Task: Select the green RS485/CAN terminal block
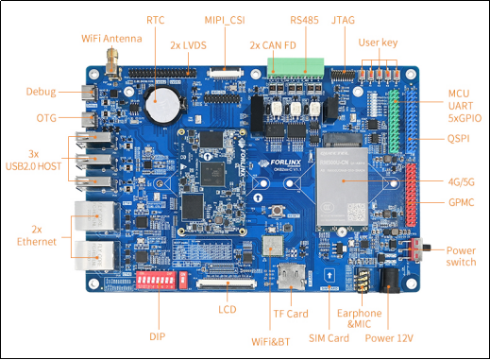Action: click(x=296, y=67)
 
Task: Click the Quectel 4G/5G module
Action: click(x=342, y=187)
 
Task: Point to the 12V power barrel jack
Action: click(x=390, y=281)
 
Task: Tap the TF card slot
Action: click(x=291, y=276)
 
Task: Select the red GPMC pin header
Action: click(x=412, y=195)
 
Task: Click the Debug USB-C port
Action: click(x=90, y=93)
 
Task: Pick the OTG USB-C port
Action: click(x=90, y=119)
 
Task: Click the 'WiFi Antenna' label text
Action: click(x=111, y=39)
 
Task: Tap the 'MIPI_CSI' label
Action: click(x=225, y=20)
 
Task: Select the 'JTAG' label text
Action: click(x=343, y=20)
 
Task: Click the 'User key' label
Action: click(x=378, y=43)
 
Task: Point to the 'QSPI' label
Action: click(x=458, y=138)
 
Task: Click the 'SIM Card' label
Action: click(x=329, y=338)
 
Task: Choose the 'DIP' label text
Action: click(x=158, y=336)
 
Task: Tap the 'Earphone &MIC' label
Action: click(x=360, y=318)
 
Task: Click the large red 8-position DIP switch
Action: click(x=156, y=280)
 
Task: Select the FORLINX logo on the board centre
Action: click(x=279, y=163)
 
